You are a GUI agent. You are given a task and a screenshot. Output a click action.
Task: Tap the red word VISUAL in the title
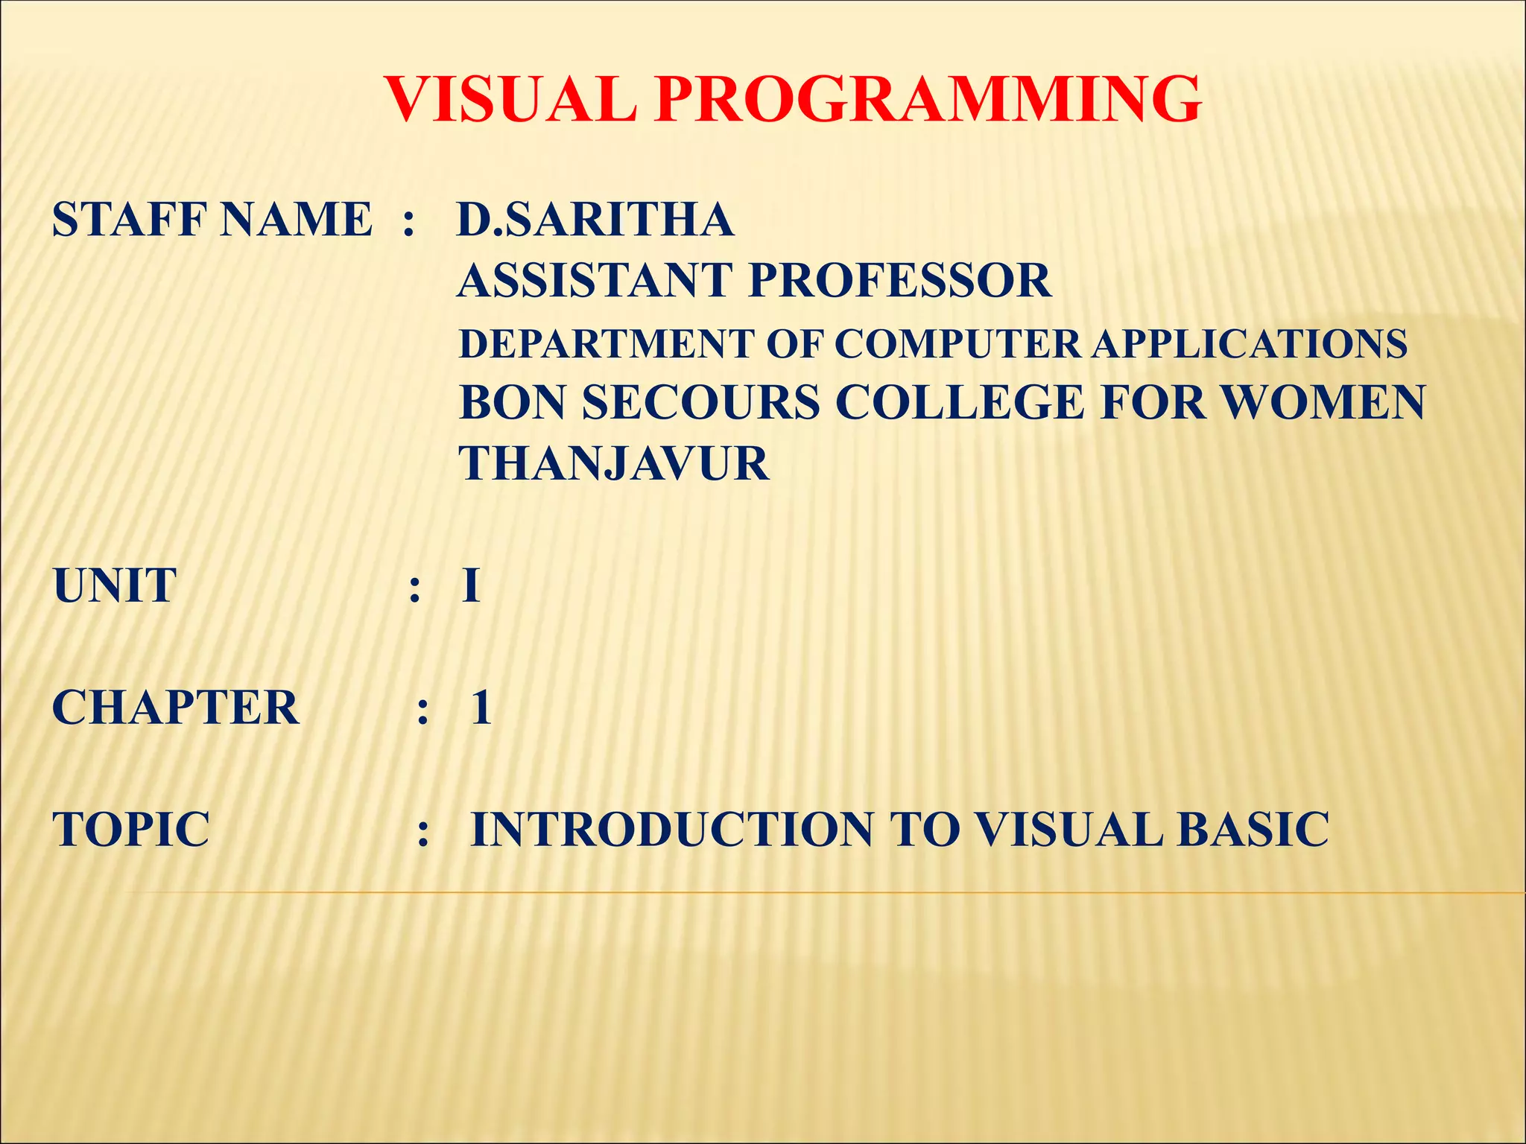[x=511, y=100]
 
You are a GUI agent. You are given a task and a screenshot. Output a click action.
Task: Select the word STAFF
[x=126, y=220]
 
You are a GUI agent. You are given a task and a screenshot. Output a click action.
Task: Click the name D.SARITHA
[x=595, y=220]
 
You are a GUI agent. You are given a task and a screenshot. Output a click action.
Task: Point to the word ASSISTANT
[x=595, y=281]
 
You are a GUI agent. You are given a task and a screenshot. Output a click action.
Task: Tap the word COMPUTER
[x=957, y=344]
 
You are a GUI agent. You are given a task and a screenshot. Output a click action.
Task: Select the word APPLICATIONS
[x=1250, y=344]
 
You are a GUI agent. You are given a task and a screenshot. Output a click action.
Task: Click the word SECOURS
[x=701, y=403]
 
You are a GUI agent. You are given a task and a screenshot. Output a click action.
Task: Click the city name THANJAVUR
[x=614, y=464]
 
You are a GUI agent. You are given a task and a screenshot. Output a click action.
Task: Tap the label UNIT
[x=115, y=585]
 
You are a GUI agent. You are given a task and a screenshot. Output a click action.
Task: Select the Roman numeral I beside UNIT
[x=470, y=585]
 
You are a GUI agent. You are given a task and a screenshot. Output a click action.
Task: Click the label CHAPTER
[x=176, y=708]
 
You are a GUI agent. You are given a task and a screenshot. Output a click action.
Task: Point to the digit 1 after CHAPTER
[x=481, y=708]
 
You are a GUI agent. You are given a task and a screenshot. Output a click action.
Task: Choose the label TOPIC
[x=131, y=830]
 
